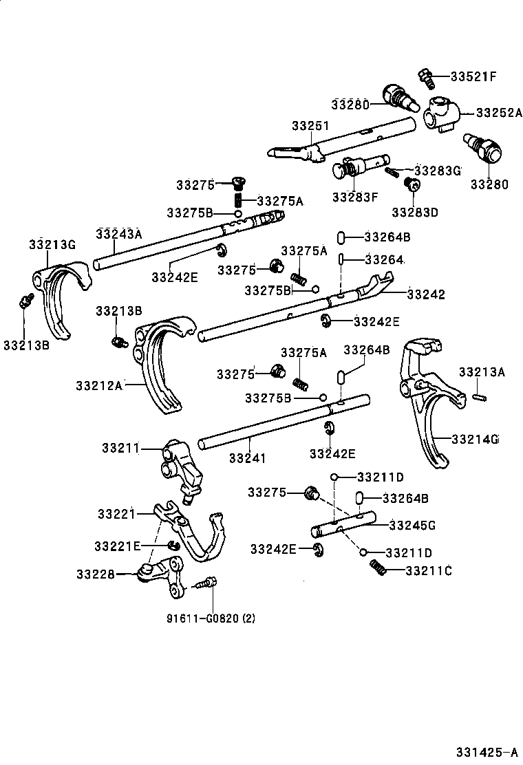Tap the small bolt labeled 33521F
pyautogui.click(x=425, y=78)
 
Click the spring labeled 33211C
pyautogui.click(x=377, y=566)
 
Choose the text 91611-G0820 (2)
pyautogui.click(x=210, y=618)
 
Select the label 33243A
pyautogui.click(x=118, y=234)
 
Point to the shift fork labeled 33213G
pyautogui.click(x=58, y=296)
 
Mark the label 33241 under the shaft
pyautogui.click(x=247, y=457)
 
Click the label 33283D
pyautogui.click(x=414, y=212)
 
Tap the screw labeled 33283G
pyautogui.click(x=392, y=171)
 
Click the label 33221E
pyautogui.click(x=118, y=546)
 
